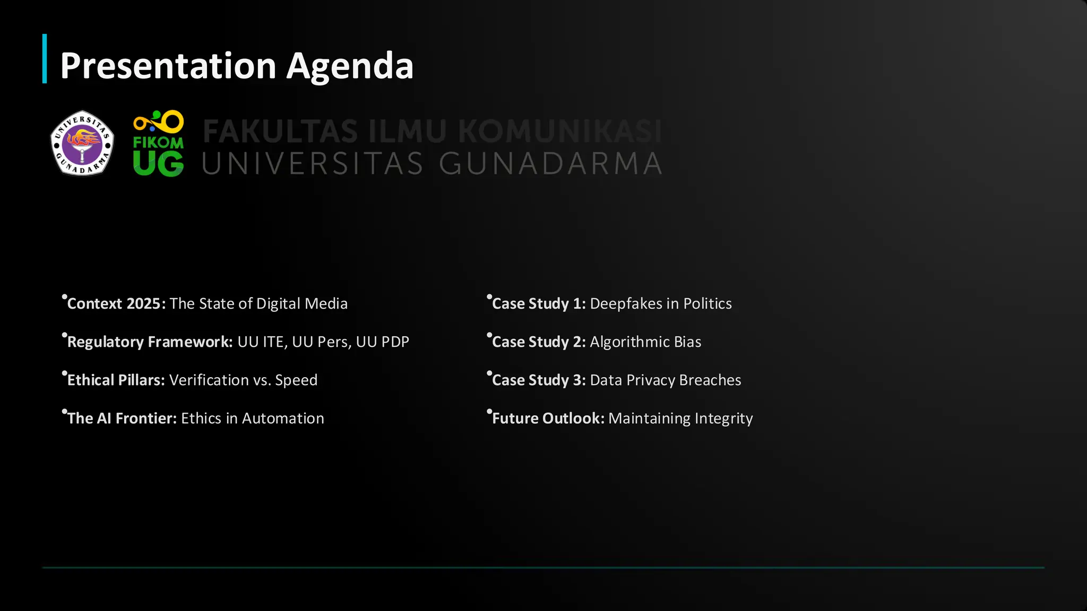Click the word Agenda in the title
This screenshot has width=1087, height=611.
(350, 66)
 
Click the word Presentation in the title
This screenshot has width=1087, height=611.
(168, 66)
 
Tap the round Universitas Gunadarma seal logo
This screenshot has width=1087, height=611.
(82, 143)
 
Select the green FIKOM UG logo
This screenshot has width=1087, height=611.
(158, 144)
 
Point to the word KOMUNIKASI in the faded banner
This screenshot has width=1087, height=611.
(559, 131)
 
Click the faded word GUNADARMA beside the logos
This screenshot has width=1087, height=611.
(550, 163)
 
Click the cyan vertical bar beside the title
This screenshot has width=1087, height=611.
(45, 59)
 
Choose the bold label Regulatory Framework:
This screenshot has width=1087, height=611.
(150, 342)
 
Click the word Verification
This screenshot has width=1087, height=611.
(209, 380)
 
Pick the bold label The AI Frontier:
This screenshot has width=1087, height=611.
(122, 418)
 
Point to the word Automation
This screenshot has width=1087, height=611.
(283, 418)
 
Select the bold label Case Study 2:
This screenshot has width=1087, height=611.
(539, 342)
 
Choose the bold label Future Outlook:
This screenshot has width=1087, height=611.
(548, 418)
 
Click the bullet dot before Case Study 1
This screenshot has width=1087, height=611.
(489, 297)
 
